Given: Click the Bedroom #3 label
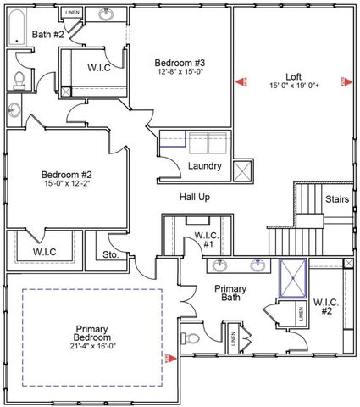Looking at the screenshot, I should pos(180,62).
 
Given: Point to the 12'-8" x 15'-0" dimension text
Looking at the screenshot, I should pos(180,72).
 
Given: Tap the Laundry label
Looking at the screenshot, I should pos(205,166).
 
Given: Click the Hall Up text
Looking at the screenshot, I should pos(194,197).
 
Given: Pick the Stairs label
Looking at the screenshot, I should pos(337,198).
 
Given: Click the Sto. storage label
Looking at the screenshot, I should pos(111,254).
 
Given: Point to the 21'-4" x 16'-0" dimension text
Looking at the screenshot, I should pos(92,345).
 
